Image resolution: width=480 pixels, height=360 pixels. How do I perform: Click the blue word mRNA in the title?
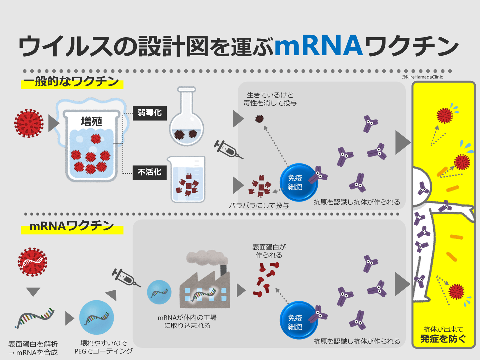319,45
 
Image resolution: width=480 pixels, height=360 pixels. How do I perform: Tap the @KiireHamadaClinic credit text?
422,77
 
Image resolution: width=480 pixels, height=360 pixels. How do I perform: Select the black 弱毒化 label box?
149,113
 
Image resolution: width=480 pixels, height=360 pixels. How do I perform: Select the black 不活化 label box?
149,172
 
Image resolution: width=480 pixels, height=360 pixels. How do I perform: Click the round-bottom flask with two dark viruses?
186,122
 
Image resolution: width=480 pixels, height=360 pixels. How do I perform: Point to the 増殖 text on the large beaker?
91,121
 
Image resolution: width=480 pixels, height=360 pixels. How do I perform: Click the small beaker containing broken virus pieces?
187,179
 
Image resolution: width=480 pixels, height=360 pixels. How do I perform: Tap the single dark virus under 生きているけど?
259,119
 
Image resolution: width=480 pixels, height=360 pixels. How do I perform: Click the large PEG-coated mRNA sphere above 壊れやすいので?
96,317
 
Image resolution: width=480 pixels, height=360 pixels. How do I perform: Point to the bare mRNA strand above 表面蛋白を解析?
34,317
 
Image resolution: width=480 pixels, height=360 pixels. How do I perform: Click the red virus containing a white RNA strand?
32,262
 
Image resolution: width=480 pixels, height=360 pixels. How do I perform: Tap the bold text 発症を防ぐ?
443,339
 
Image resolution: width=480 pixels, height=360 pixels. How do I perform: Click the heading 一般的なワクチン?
71,81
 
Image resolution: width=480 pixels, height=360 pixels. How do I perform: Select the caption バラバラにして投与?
259,205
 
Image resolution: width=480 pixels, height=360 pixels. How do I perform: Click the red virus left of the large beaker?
29,123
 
